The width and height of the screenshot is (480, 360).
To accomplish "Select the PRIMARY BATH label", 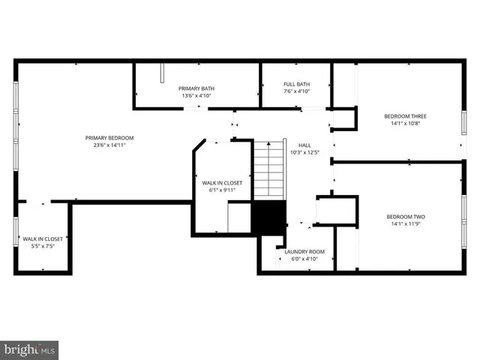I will (x=196, y=88).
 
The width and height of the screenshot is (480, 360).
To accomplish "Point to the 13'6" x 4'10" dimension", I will (x=196, y=96).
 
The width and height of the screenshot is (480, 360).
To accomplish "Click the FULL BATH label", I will (x=296, y=84).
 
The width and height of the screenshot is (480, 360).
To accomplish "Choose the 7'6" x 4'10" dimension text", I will (x=296, y=91).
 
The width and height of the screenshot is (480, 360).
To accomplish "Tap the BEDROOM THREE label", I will (x=405, y=116).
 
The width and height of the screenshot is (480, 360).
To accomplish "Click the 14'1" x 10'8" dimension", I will (x=405, y=124).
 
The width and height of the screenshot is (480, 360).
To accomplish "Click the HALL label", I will (x=304, y=145).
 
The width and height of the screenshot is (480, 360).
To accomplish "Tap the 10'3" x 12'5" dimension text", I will (x=304, y=153).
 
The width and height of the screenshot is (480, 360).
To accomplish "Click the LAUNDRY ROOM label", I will (x=304, y=251).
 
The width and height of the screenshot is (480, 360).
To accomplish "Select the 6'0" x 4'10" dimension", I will (x=304, y=259).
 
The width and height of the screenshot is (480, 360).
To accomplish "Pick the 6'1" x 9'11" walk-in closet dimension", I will (x=221, y=190).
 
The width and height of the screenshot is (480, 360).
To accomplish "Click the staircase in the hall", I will (x=268, y=169).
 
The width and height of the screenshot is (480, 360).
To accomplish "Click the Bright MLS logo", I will (x=30, y=349).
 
